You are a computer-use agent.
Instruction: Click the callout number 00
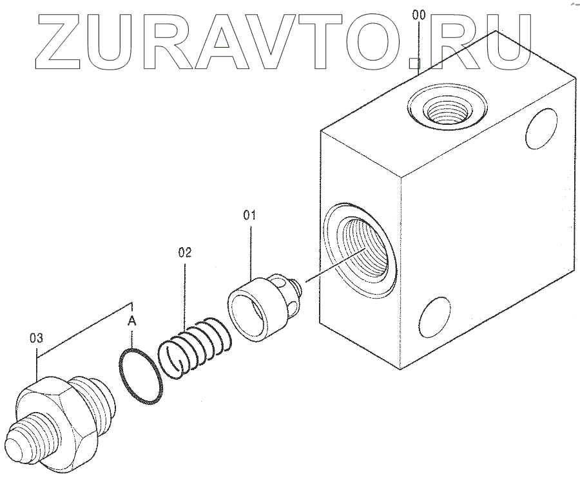(419, 14)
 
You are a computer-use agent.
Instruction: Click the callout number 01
(249, 214)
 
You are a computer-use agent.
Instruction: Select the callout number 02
(185, 253)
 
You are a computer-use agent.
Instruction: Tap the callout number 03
(37, 337)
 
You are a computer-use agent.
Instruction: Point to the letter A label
(131, 320)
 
